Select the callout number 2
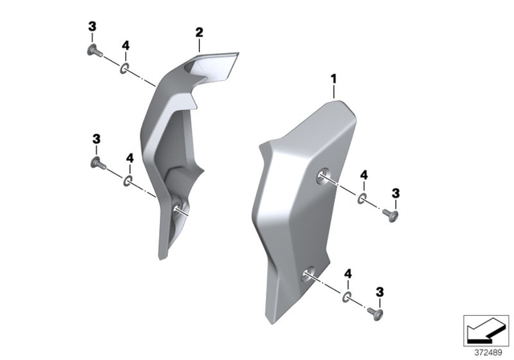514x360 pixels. [x=198, y=33]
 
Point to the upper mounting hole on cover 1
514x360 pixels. [x=323, y=178]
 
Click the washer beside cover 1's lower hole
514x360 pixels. [x=347, y=297]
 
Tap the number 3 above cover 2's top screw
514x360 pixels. [x=92, y=27]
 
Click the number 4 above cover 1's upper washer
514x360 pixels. [x=364, y=175]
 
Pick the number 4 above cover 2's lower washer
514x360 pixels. [x=128, y=158]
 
